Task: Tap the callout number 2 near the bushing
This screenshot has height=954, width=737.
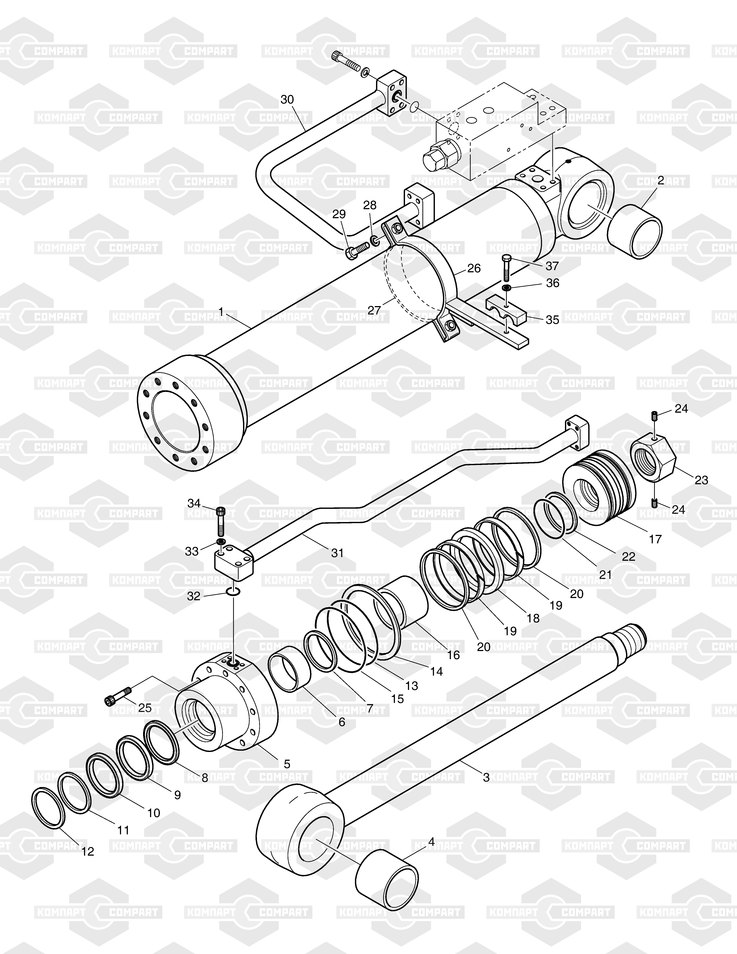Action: tap(661, 180)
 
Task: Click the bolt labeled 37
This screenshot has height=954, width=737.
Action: tap(506, 266)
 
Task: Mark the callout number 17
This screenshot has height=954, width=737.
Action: tap(655, 539)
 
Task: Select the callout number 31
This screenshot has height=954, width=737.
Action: tap(337, 553)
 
